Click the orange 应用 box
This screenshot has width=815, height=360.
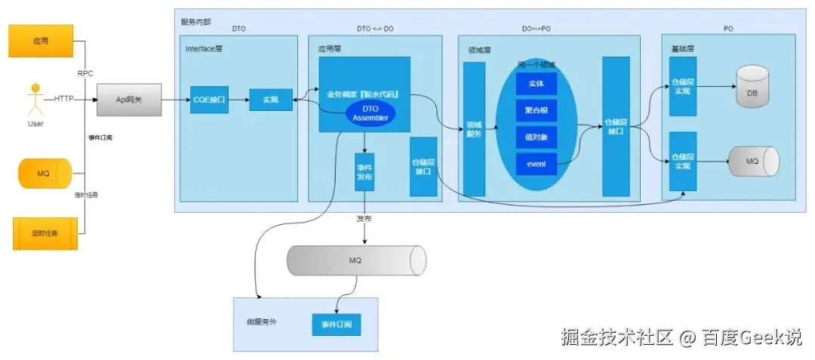pyautogui.click(x=41, y=41)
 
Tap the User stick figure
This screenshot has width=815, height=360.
pyautogui.click(x=34, y=100)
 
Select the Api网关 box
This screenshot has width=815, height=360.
pyautogui.click(x=129, y=100)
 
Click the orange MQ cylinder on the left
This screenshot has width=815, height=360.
pyautogui.click(x=44, y=174)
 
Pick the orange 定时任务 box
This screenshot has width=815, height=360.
pyautogui.click(x=45, y=233)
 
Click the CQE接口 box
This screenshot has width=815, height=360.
pyautogui.click(x=209, y=100)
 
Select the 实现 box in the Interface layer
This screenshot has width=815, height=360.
pyautogui.click(x=270, y=100)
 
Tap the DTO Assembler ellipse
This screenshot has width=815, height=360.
pyautogui.click(x=370, y=113)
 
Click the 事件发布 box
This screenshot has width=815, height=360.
pyautogui.click(x=364, y=171)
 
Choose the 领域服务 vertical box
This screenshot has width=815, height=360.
pyautogui.click(x=474, y=129)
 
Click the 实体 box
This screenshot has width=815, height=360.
pyautogui.click(x=536, y=83)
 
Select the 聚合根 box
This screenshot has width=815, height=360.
pyautogui.click(x=536, y=110)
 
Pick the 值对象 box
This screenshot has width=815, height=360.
pyautogui.click(x=536, y=137)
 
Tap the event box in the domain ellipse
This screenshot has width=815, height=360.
pyautogui.click(x=536, y=164)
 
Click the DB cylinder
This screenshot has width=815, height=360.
pyautogui.click(x=752, y=86)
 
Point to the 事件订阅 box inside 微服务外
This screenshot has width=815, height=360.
pyautogui.click(x=336, y=325)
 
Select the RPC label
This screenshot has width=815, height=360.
pyautogui.click(x=85, y=73)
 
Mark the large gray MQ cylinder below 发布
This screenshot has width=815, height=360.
pyautogui.click(x=355, y=260)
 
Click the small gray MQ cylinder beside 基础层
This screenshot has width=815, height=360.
pyautogui.click(x=752, y=161)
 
